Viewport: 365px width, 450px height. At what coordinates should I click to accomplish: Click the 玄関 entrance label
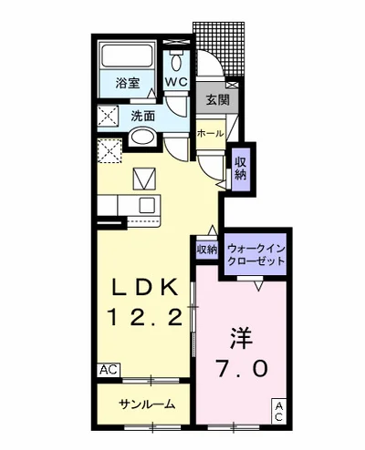point(215,100)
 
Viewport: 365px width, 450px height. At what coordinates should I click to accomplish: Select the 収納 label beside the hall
point(240,169)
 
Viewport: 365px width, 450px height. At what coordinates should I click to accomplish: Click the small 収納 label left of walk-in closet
point(206,249)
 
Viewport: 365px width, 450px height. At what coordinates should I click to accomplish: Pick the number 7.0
point(242,369)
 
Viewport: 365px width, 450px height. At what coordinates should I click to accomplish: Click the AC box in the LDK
point(108,370)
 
